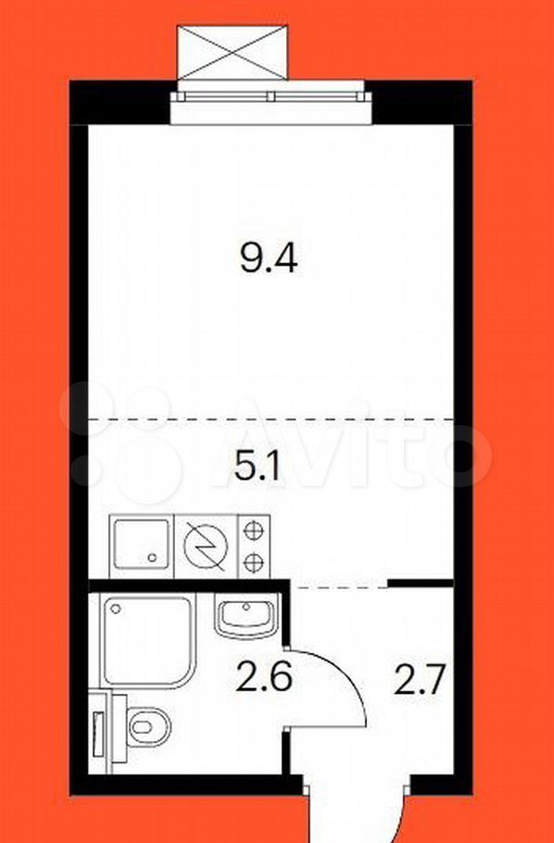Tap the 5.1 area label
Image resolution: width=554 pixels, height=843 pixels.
[257, 469]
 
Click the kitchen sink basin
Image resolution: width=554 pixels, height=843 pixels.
[142, 546]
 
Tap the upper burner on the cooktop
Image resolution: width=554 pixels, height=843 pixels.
[253, 531]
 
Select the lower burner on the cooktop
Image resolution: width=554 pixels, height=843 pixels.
[253, 563]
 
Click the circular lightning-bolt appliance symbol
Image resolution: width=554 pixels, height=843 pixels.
[206, 546]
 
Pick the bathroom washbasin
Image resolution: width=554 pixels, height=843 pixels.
[246, 616]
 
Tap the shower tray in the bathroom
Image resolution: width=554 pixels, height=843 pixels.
[145, 641]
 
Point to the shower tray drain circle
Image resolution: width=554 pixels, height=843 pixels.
[115, 610]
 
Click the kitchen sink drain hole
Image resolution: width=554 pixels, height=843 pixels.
[152, 558]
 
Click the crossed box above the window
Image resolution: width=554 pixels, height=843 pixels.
[233, 52]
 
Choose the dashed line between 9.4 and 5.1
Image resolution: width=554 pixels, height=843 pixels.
[271, 419]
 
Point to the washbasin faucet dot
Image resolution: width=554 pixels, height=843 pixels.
[246, 607]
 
